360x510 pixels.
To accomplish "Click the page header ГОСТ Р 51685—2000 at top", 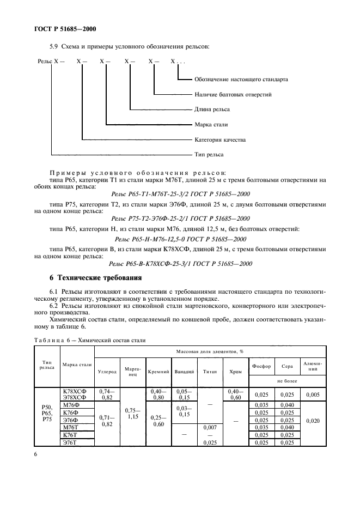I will [62, 29].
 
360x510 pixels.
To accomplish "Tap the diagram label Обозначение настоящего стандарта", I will [241, 80].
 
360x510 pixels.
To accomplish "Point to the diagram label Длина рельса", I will [213, 110].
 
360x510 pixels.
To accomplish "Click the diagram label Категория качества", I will [220, 140].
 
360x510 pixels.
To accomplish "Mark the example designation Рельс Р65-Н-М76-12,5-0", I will [180, 239].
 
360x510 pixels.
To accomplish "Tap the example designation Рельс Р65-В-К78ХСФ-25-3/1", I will [180, 262].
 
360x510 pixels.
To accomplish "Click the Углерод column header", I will [107, 372].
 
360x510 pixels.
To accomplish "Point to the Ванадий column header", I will [184, 372].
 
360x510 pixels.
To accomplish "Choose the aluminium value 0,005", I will [314, 394].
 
